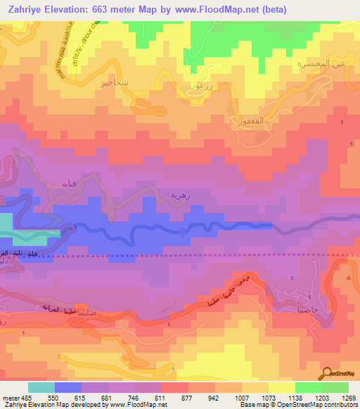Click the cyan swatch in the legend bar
point(41,387)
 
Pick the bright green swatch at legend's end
point(335,387)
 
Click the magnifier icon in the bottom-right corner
point(328,373)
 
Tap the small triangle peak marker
point(349,279)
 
